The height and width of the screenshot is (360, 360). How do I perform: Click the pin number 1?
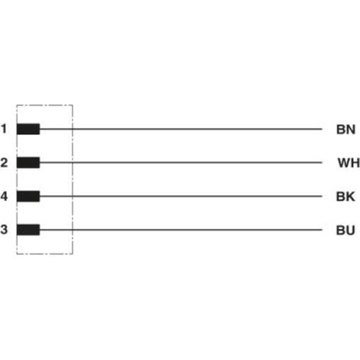pos(4,129)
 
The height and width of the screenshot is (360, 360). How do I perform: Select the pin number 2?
pos(4,162)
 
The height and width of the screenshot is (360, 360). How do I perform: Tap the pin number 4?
pos(4,196)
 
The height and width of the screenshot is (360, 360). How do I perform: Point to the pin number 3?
pos(4,230)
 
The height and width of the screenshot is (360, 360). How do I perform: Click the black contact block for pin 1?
pos(28,129)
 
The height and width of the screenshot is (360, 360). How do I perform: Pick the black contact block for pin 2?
pos(28,162)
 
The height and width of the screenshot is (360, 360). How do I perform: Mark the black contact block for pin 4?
pos(28,196)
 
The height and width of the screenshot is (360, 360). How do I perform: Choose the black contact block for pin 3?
pos(28,230)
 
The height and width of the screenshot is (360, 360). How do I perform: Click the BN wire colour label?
pos(345,129)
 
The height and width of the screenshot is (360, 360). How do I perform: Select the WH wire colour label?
pos(349,163)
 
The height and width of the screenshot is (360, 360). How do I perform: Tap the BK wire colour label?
pos(345,197)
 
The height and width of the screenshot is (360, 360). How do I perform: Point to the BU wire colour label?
pos(345,231)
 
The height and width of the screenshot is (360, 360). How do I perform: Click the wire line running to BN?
pos(181,129)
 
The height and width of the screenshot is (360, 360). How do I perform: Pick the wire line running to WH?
pos(181,162)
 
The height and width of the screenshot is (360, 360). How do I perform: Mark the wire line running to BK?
pos(181,196)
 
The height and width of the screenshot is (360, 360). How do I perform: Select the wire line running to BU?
pos(181,230)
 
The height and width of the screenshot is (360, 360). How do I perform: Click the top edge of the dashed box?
pos(44,105)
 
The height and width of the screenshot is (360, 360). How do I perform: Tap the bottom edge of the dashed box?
pos(44,254)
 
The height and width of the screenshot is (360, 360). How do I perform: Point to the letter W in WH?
pos(344,163)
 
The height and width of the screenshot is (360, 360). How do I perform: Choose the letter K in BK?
pos(350,197)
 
